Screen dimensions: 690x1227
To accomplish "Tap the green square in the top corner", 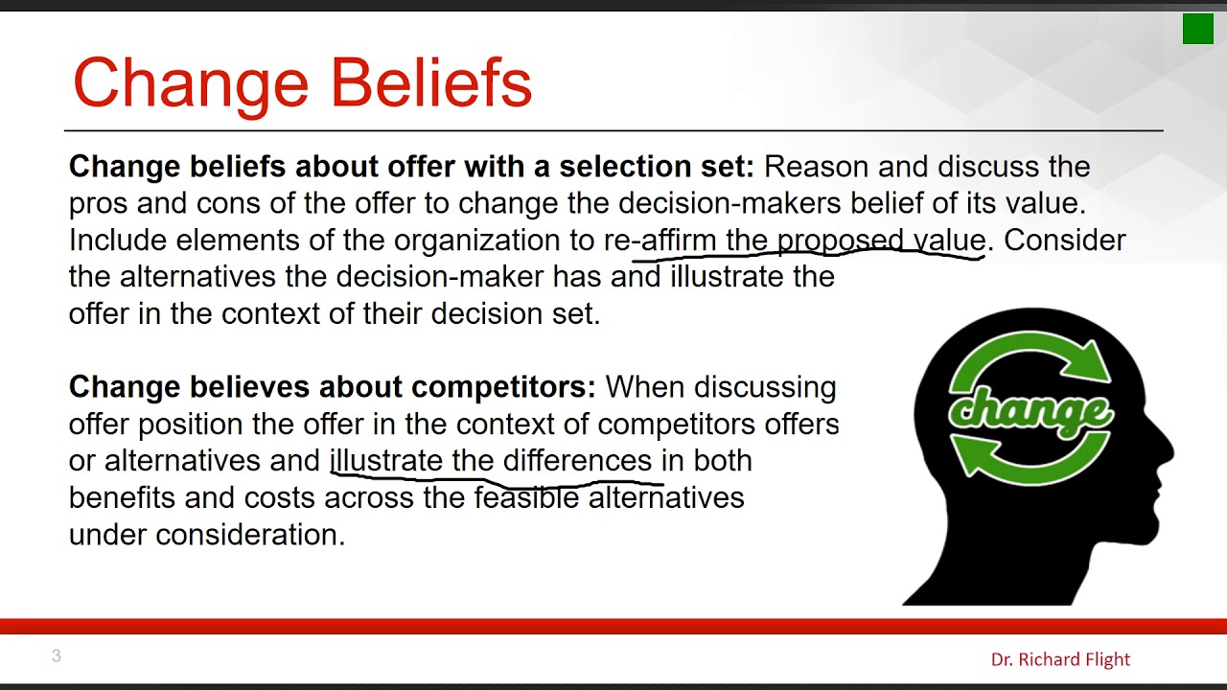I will point(1197,29).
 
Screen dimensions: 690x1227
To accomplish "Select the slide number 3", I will point(57,656).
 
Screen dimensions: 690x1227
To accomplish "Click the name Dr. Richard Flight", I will point(1060,659).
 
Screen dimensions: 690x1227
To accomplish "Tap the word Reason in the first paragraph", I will point(816,167).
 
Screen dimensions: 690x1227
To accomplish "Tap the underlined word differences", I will point(577,460).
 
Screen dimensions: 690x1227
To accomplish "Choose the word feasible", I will point(526,497).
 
